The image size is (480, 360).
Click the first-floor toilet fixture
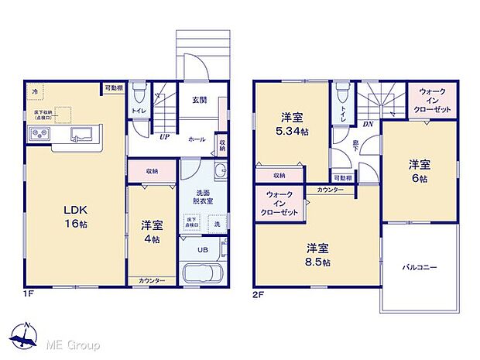coord(139,95)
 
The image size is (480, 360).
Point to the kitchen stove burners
coord(39,135)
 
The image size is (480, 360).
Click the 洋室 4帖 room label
coord(152,231)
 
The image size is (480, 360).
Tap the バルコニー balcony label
coord(419,267)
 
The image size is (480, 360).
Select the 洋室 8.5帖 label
coord(317,255)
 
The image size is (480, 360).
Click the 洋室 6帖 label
coord(420,170)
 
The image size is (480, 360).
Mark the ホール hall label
coord(196,139)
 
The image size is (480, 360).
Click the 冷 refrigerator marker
coord(34,92)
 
